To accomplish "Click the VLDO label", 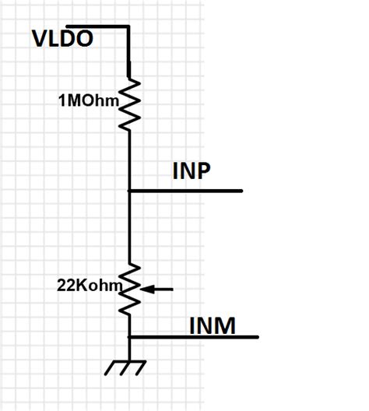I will pyautogui.click(x=62, y=38).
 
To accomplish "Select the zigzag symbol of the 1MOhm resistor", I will pyautogui.click(x=128, y=103).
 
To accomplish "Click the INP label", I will pyautogui.click(x=192, y=172).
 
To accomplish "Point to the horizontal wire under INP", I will pyautogui.click(x=187, y=191).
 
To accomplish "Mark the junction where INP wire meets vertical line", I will pyautogui.click(x=129, y=191).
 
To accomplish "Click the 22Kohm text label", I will pyautogui.click(x=90, y=286).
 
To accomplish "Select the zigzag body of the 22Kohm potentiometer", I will pyautogui.click(x=129, y=289).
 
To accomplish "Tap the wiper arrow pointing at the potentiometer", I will pyautogui.click(x=159, y=290).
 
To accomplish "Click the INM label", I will pyautogui.click(x=213, y=325).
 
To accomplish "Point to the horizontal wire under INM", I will pyautogui.click(x=195, y=337).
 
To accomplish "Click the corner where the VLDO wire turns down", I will pyautogui.click(x=128, y=26).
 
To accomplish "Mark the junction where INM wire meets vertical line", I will pyautogui.click(x=129, y=337).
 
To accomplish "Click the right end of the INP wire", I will pyautogui.click(x=241, y=191).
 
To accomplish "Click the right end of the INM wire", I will pyautogui.click(x=257, y=337).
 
